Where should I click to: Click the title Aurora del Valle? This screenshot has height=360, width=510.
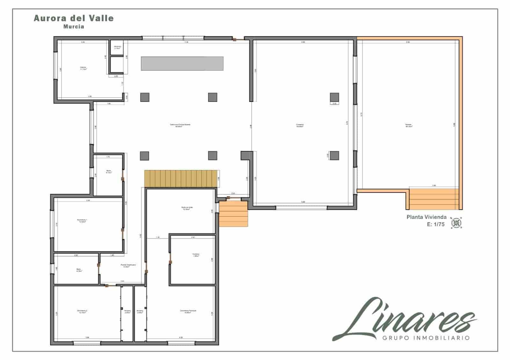(74, 18)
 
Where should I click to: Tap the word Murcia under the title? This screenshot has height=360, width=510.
(74, 27)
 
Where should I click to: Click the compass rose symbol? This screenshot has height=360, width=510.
(456, 222)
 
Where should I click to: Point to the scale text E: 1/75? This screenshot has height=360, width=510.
(435, 224)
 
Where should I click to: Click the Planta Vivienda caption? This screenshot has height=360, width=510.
(426, 217)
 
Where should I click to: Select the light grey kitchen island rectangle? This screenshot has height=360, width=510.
(182, 63)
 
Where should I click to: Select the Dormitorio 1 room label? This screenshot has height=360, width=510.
(82, 220)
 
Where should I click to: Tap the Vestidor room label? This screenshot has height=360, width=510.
(196, 255)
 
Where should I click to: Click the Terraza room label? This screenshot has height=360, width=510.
(409, 125)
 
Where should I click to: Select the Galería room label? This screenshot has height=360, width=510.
(83, 68)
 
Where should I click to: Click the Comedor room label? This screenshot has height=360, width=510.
(300, 125)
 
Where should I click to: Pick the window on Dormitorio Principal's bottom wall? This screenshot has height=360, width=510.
(181, 343)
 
